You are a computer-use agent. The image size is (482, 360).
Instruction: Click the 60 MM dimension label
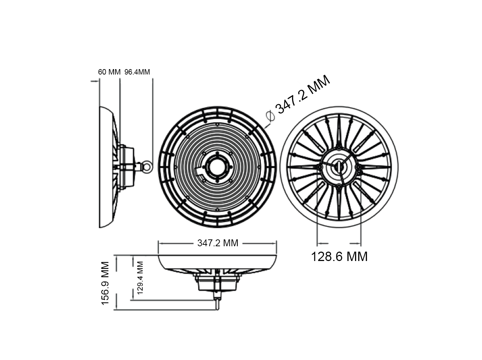click(109, 72)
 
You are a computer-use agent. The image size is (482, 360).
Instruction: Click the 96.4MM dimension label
click(137, 72)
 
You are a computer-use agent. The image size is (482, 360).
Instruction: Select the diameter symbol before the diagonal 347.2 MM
click(270, 116)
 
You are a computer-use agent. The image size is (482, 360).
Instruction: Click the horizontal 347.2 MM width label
click(218, 243)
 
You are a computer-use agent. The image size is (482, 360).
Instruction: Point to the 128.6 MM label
click(339, 256)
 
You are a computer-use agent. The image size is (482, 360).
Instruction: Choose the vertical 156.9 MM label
click(105, 283)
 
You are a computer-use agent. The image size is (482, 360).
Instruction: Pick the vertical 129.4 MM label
click(140, 278)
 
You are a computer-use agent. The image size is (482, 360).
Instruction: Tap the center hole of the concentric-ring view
click(217, 167)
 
